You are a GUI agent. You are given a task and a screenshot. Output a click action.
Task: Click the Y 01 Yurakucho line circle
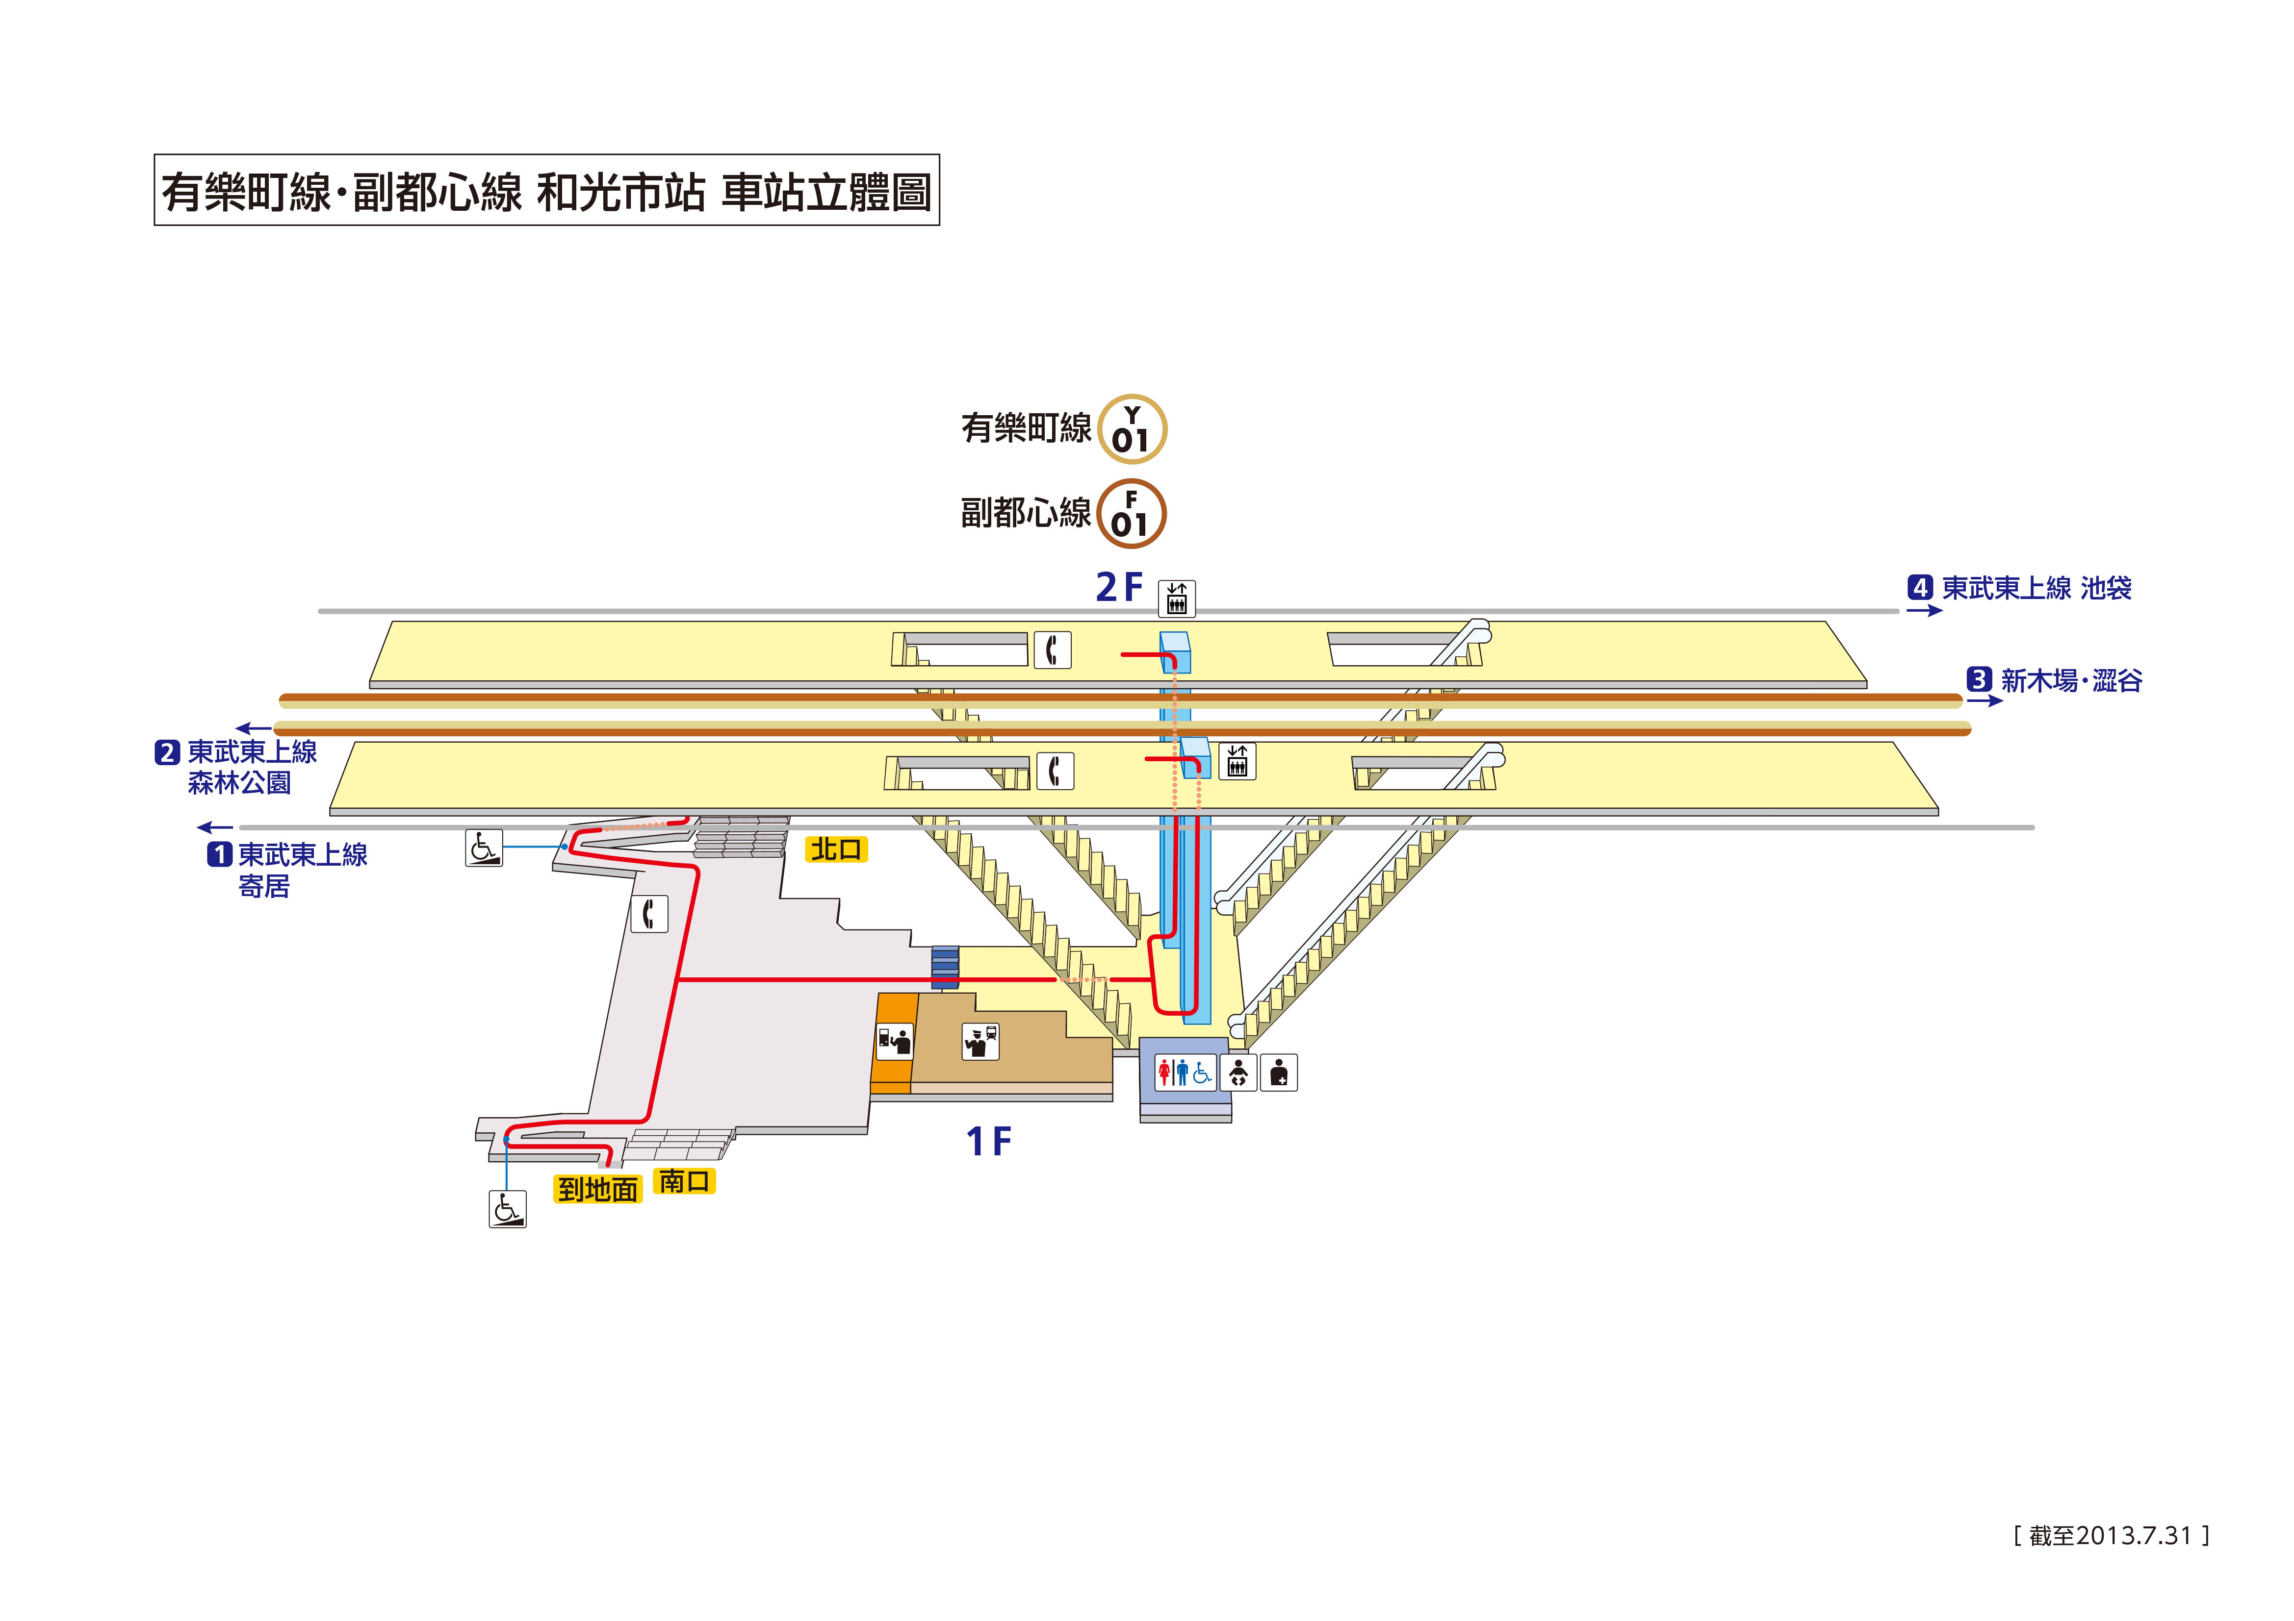pos(1132,429)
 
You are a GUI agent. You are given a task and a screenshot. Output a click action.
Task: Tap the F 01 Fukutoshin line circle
pos(1131,514)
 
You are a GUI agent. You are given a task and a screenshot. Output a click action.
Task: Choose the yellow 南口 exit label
pos(684,1181)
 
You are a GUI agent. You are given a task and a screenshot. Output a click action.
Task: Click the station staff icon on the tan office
pos(980,1041)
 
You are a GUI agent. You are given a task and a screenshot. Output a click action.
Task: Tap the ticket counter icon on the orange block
pos(894,1041)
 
